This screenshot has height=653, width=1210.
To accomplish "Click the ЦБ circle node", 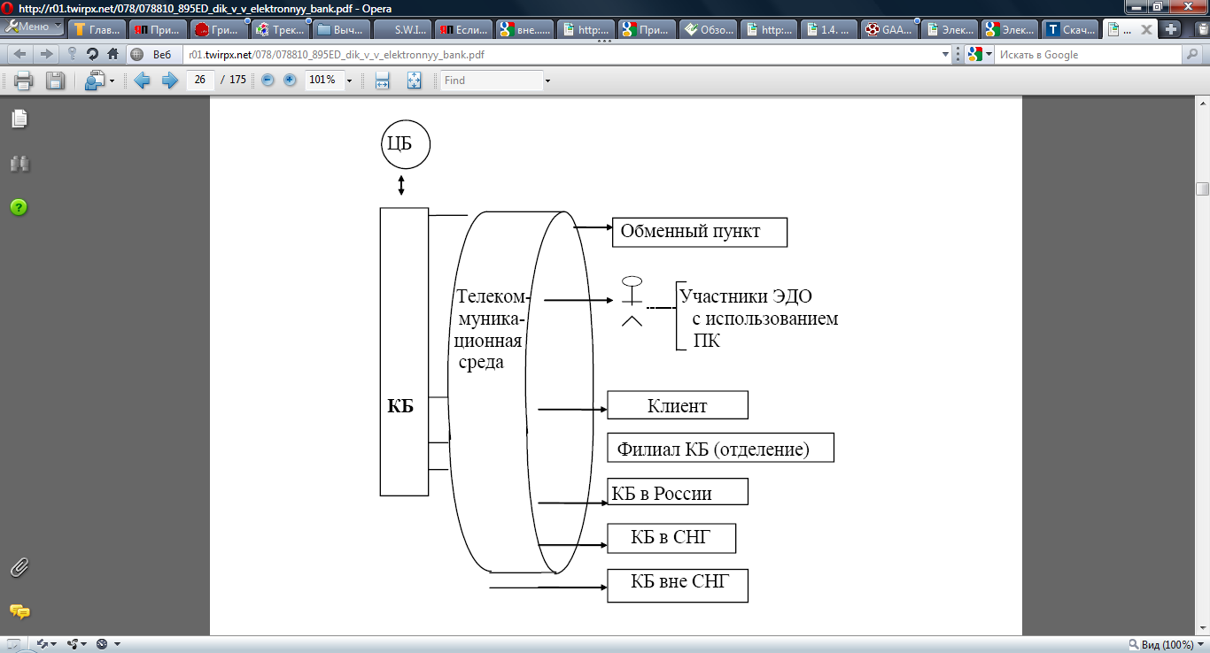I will click(x=406, y=144).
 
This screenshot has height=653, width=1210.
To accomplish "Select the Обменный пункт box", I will click(x=699, y=232).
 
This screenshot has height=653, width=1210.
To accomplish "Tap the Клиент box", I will click(x=678, y=405).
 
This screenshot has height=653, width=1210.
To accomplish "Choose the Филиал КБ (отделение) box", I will click(x=721, y=449).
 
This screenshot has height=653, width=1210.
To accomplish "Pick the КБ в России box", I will click(x=678, y=492).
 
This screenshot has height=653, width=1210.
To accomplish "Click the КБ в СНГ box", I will click(x=671, y=537).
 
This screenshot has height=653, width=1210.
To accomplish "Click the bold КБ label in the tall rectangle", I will click(x=401, y=406).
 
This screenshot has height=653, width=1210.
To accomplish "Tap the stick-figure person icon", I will click(x=632, y=302).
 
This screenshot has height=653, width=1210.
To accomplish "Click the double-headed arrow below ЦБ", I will click(x=401, y=186).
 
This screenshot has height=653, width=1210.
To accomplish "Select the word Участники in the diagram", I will click(x=722, y=296).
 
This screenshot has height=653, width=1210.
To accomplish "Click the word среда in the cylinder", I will click(x=481, y=362).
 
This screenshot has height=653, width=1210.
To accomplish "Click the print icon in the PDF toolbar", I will click(x=23, y=81).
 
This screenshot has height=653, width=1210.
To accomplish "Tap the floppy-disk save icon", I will click(x=55, y=81).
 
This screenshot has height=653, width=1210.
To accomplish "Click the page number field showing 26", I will click(x=200, y=81).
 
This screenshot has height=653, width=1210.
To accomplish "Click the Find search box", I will click(x=492, y=81).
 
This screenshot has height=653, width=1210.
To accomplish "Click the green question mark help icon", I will click(x=19, y=207).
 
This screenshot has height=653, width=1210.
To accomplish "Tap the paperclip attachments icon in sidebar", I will click(x=19, y=567).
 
